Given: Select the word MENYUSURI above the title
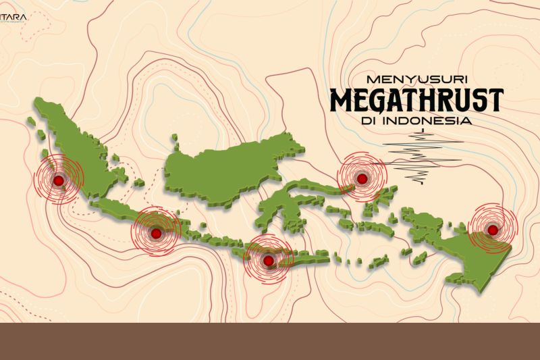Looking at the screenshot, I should pos(416,78).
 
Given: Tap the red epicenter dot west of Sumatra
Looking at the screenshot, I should pos(59,180).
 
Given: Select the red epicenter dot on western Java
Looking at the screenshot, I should pos(156,233).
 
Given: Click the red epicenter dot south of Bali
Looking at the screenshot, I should pos(269,261).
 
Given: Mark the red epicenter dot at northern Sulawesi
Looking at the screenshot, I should pos(362,179).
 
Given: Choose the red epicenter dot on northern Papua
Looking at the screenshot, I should pos(493,230).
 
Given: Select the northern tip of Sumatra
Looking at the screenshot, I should pos(39,103).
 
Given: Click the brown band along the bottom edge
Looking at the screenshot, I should pos(270,341).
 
